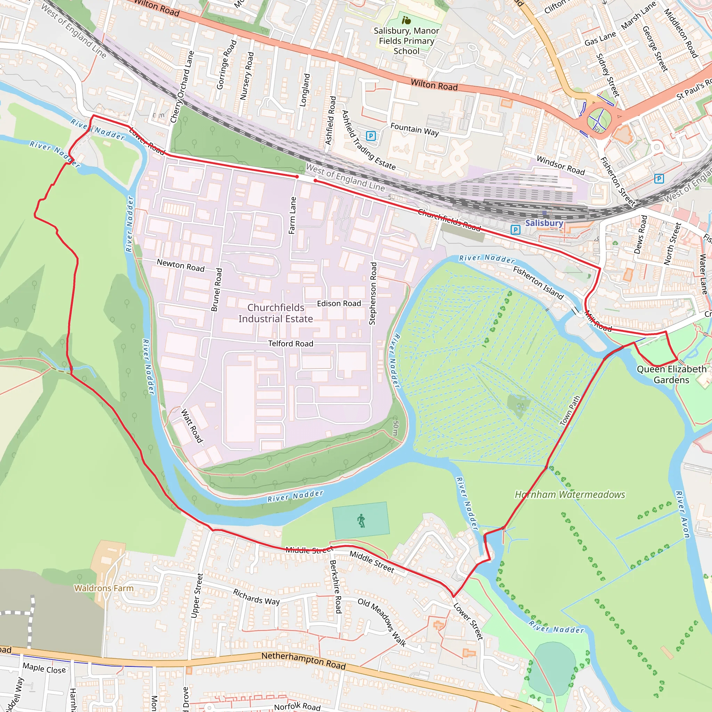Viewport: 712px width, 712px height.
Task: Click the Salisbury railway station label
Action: click(544, 223)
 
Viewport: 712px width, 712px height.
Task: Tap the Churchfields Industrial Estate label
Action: click(276, 313)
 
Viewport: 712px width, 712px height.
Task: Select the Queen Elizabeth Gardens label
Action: click(671, 374)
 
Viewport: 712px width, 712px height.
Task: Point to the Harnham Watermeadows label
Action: click(570, 495)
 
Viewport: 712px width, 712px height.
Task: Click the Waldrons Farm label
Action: click(104, 588)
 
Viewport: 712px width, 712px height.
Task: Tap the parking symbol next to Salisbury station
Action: click(516, 230)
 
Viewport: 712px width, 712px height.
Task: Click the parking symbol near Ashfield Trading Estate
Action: click(371, 136)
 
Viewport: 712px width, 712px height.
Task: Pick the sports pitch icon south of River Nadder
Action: click(361, 520)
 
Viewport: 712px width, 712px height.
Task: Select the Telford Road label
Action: click(290, 343)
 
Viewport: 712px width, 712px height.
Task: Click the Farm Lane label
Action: click(293, 215)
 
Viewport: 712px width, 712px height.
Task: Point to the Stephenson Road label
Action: click(373, 293)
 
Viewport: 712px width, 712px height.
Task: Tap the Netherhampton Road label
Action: click(303, 660)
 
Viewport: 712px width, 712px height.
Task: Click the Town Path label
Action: click(570, 411)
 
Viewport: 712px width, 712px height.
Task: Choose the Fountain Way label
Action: click(415, 129)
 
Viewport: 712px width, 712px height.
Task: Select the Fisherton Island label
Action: click(539, 283)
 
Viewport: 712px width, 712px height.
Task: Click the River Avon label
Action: click(682, 515)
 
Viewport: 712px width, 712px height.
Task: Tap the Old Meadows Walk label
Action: click(382, 622)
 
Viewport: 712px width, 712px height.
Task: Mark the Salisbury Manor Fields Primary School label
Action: click(406, 41)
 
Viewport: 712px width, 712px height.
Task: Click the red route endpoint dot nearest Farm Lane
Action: click(297, 177)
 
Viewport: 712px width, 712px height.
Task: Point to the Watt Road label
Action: click(192, 425)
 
